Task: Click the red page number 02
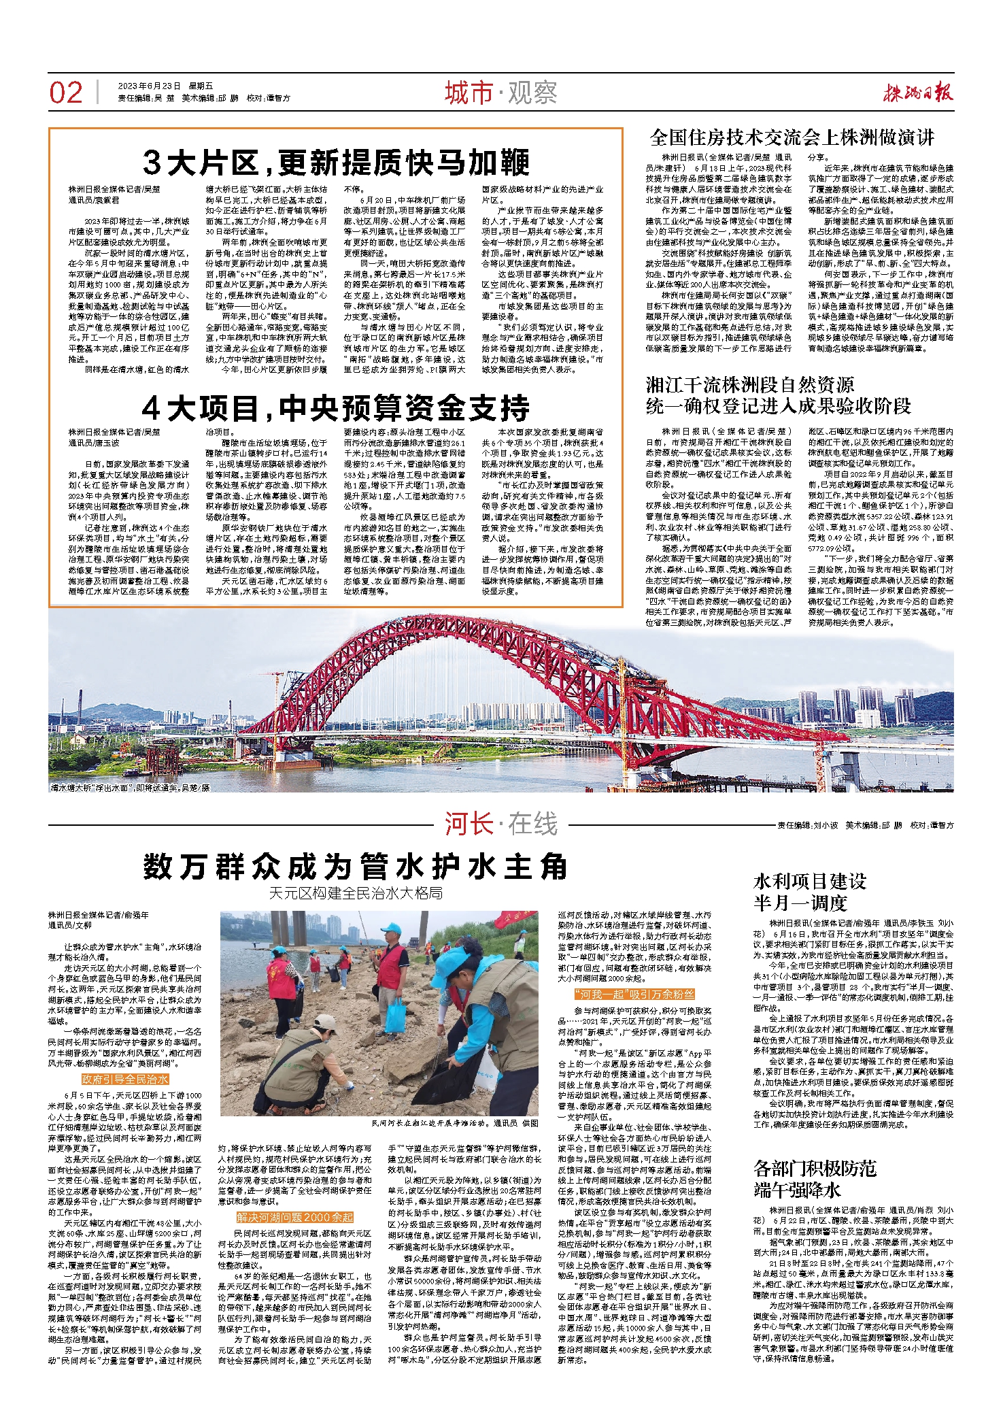coord(66,93)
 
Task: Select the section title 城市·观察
coord(501,93)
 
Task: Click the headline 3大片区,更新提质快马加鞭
coord(336,163)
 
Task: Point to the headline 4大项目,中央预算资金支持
coord(336,408)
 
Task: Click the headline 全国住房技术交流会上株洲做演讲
coord(792,138)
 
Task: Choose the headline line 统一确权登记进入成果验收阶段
coord(778,407)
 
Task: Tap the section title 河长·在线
coord(501,824)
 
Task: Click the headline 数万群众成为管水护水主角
coord(355,867)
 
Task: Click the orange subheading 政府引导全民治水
coord(124,1080)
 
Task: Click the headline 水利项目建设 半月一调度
coord(809,892)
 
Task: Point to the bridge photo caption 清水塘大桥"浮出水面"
coord(129,787)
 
